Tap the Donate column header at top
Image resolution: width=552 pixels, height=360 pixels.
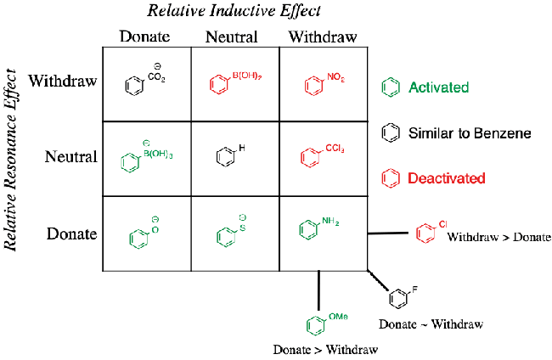tap(145, 37)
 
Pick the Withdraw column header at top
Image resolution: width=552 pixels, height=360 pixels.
tap(323, 37)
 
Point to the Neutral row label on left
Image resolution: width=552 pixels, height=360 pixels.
tap(70, 156)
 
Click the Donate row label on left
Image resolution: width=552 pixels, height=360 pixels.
tap(72, 233)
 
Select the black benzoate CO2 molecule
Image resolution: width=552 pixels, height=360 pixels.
tap(143, 81)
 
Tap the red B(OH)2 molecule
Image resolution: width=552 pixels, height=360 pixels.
tap(234, 82)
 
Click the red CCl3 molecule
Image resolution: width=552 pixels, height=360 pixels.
tap(321, 156)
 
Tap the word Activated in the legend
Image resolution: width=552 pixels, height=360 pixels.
tap(438, 87)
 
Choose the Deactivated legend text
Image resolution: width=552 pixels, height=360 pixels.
tap(446, 178)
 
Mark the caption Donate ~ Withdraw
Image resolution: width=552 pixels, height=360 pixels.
tap(431, 324)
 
